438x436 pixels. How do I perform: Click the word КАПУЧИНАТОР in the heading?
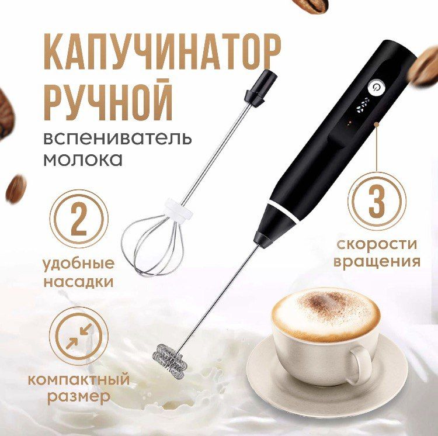[162, 52]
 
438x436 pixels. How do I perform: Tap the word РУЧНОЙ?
[108, 100]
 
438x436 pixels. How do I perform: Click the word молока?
[83, 160]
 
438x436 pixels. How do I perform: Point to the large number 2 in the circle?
[79, 219]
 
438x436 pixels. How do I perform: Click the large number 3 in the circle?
[377, 201]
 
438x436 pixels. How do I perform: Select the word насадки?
[79, 282]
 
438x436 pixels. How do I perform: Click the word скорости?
[377, 244]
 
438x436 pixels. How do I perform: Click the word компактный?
[79, 379]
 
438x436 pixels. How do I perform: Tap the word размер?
[79, 397]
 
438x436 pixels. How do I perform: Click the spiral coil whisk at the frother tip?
[169, 361]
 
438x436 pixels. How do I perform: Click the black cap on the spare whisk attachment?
[262, 88]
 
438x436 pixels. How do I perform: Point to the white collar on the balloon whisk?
[178, 211]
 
